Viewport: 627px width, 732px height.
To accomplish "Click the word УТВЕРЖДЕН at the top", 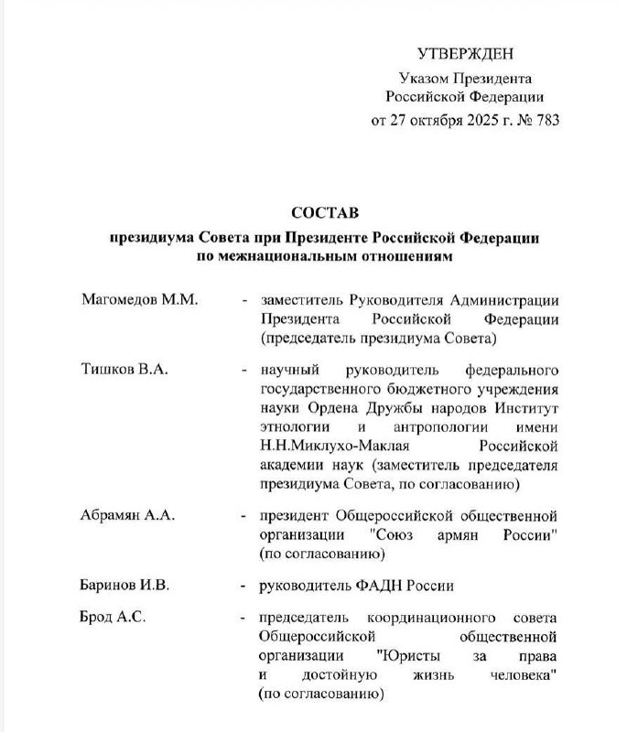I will click(466, 54).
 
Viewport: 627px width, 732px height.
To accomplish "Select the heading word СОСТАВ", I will click(326, 212).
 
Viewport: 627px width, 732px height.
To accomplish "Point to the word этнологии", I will click(295, 427).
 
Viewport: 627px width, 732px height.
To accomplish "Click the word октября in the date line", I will click(420, 120).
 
